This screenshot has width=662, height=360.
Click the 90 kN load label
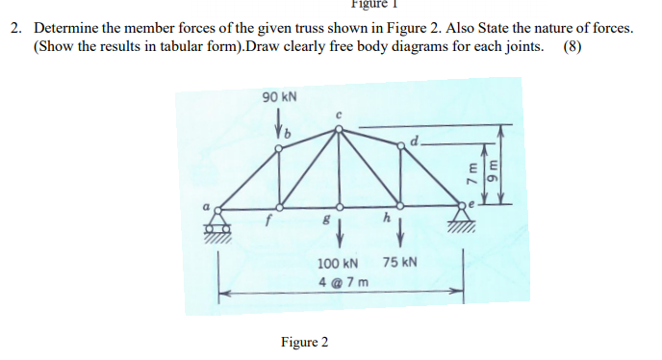[x=280, y=97]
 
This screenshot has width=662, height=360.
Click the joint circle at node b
[x=280, y=147]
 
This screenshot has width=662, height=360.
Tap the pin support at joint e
[x=464, y=219]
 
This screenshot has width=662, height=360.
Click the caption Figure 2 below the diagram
[x=304, y=342]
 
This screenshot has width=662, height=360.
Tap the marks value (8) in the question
[x=574, y=46]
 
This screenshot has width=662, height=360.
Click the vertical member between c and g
[x=338, y=168]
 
